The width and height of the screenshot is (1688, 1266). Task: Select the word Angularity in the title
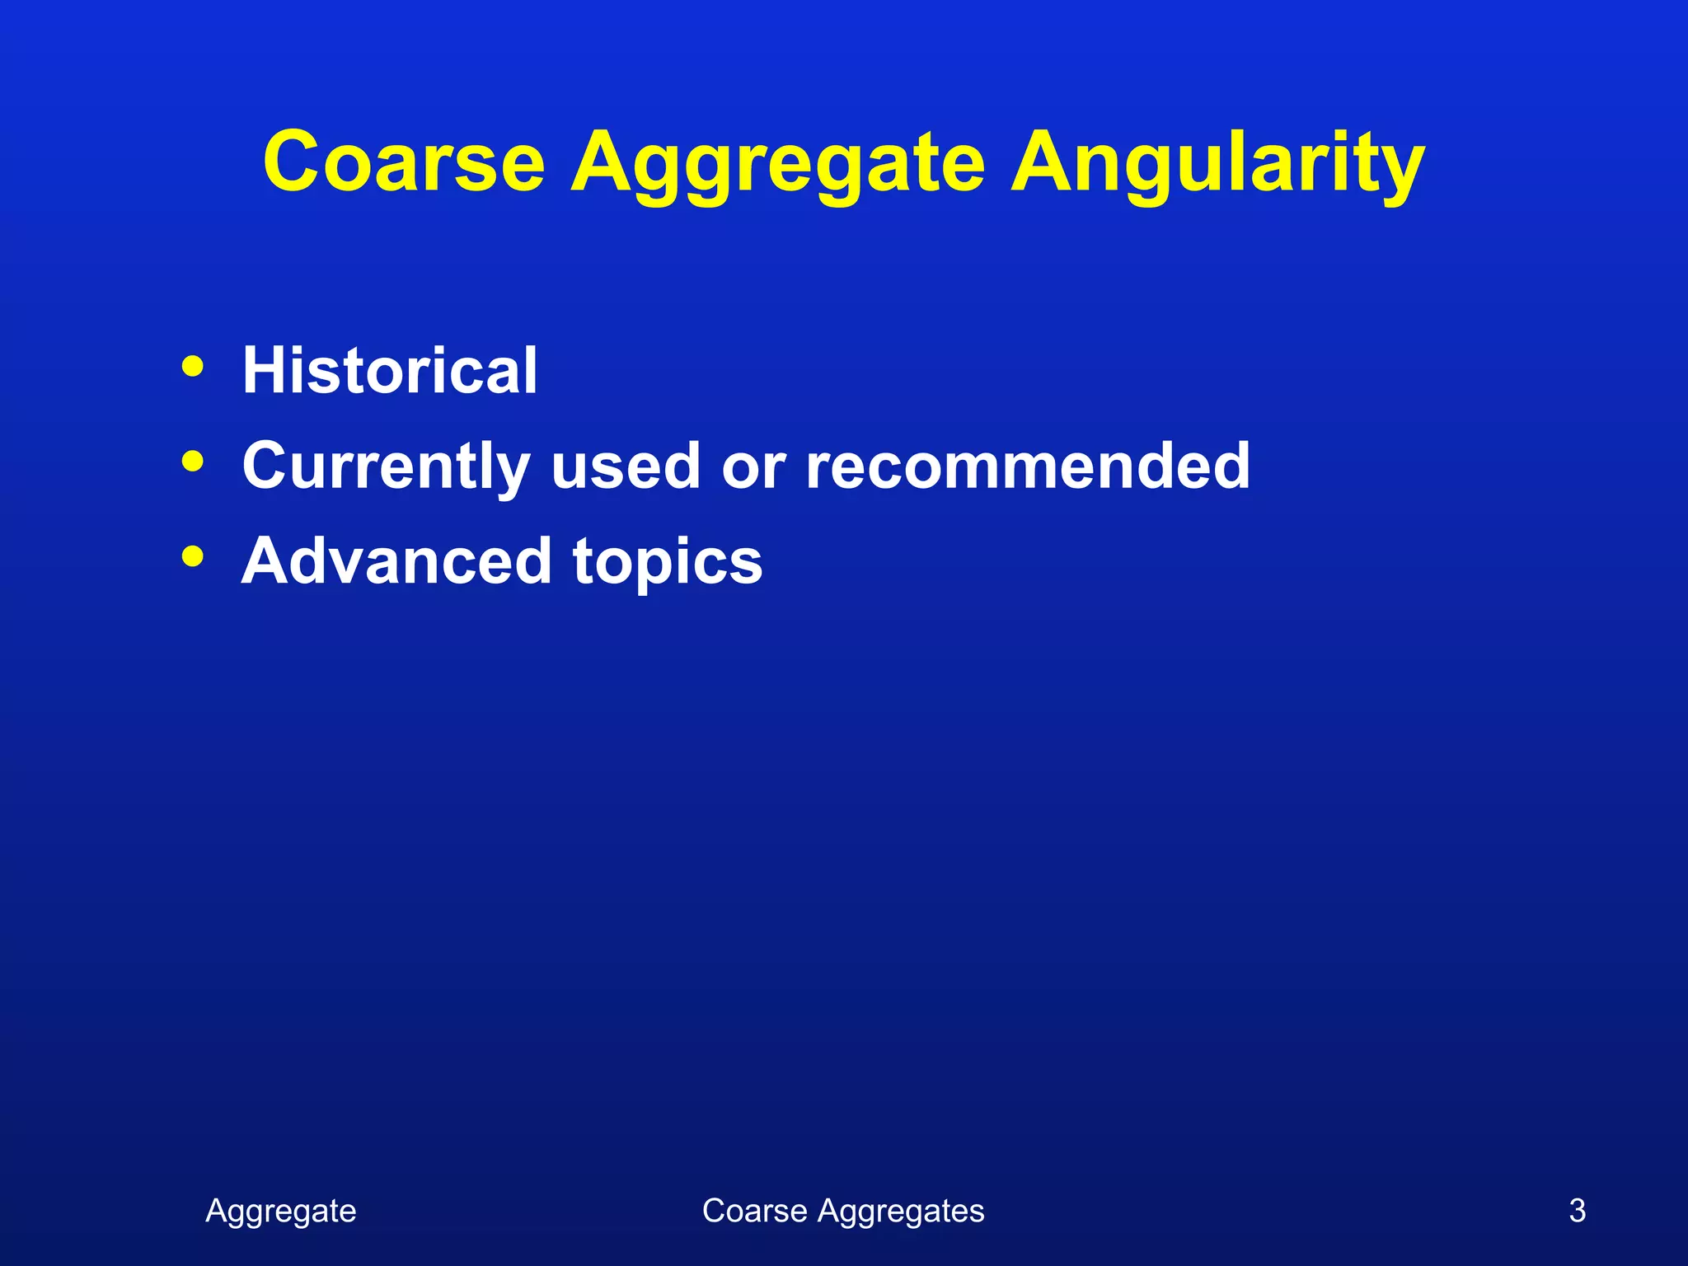[x=1217, y=165]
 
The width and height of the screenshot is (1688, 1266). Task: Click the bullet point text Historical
[x=389, y=370]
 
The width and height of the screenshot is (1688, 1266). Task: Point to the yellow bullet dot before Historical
[x=192, y=366]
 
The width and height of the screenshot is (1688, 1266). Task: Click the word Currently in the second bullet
[x=386, y=466]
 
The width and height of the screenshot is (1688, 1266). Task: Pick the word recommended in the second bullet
[x=1027, y=466]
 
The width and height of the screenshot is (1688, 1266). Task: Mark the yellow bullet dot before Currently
[x=192, y=462]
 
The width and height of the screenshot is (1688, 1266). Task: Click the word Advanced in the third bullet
[x=396, y=560]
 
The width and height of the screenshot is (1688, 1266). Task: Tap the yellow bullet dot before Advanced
[x=192, y=556]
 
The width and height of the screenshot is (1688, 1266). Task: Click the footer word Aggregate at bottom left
[x=281, y=1212]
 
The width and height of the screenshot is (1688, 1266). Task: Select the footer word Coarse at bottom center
[x=754, y=1211]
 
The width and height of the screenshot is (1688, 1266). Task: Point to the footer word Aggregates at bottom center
[x=901, y=1212]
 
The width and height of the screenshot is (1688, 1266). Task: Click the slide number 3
[x=1577, y=1211]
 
